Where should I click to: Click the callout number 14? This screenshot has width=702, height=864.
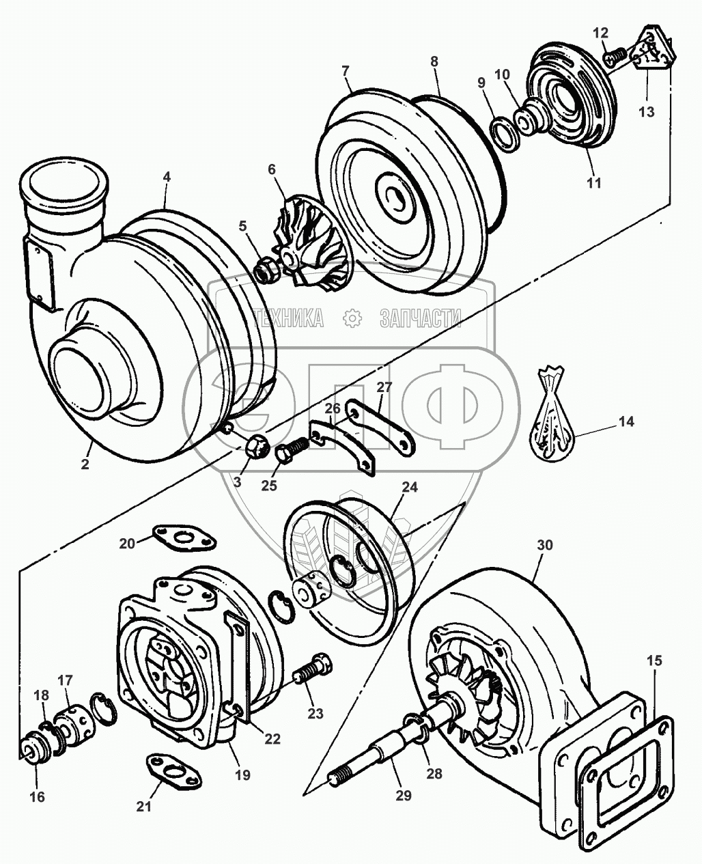click(626, 421)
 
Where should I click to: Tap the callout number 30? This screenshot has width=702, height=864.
click(545, 545)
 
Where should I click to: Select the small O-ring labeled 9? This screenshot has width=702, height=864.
click(505, 134)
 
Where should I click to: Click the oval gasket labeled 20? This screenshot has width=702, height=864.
click(184, 539)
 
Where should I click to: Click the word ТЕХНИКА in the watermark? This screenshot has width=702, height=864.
click(290, 318)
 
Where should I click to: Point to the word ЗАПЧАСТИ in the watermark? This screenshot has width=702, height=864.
click(421, 318)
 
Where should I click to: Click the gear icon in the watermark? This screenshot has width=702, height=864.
click(352, 318)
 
